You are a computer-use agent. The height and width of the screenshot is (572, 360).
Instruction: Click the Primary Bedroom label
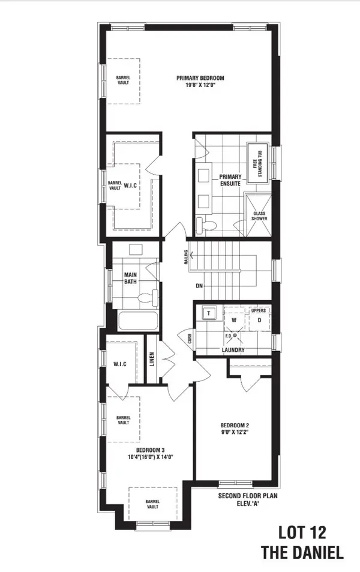point(200,78)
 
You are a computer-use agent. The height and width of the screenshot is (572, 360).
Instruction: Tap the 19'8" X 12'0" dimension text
point(200,86)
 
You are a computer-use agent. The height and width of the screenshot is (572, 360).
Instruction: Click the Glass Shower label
point(259,215)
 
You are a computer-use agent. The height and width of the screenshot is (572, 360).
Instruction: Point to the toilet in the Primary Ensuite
point(208,226)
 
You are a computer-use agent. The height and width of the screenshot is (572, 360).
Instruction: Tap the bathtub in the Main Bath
point(137,320)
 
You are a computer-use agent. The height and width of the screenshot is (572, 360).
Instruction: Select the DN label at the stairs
point(199,286)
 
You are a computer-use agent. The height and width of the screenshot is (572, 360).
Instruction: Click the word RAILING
point(186,256)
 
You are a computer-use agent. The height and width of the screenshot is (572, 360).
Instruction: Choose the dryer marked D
point(259,320)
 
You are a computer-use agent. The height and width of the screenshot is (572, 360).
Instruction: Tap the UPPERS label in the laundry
point(257,310)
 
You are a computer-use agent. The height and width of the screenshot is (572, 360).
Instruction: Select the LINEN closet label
point(152,360)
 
